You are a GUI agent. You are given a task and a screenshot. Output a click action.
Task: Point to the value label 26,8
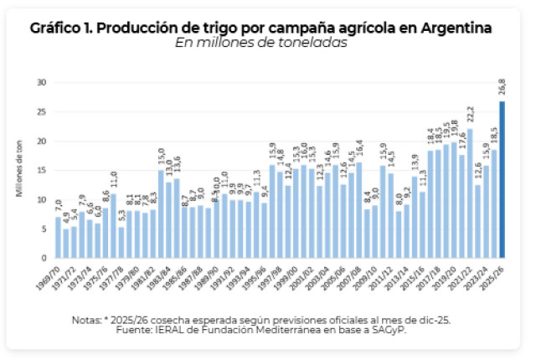pyautogui.click(x=502, y=89)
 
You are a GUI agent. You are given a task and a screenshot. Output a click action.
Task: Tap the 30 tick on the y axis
pyautogui.click(x=41, y=82)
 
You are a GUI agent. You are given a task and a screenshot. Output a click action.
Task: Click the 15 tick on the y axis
pyautogui.click(x=41, y=170)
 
